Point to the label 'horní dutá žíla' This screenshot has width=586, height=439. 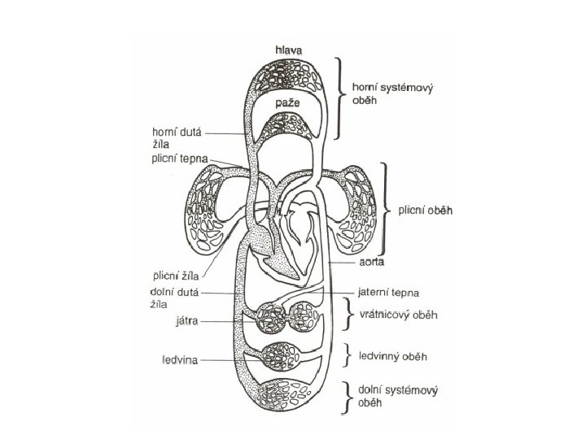[x=178, y=135]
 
